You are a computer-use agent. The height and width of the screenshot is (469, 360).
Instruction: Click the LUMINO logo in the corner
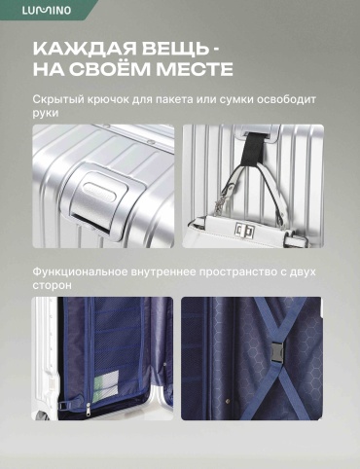click(47, 10)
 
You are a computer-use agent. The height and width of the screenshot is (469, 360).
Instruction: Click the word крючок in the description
click(109, 99)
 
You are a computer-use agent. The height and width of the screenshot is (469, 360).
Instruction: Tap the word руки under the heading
click(46, 114)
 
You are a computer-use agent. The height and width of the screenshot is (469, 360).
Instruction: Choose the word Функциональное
click(80, 271)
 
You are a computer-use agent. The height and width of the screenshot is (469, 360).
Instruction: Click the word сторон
click(52, 285)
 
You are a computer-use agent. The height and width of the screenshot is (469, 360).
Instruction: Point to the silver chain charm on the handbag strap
click(222, 198)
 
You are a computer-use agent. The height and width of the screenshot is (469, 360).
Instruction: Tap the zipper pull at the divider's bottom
click(89, 410)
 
